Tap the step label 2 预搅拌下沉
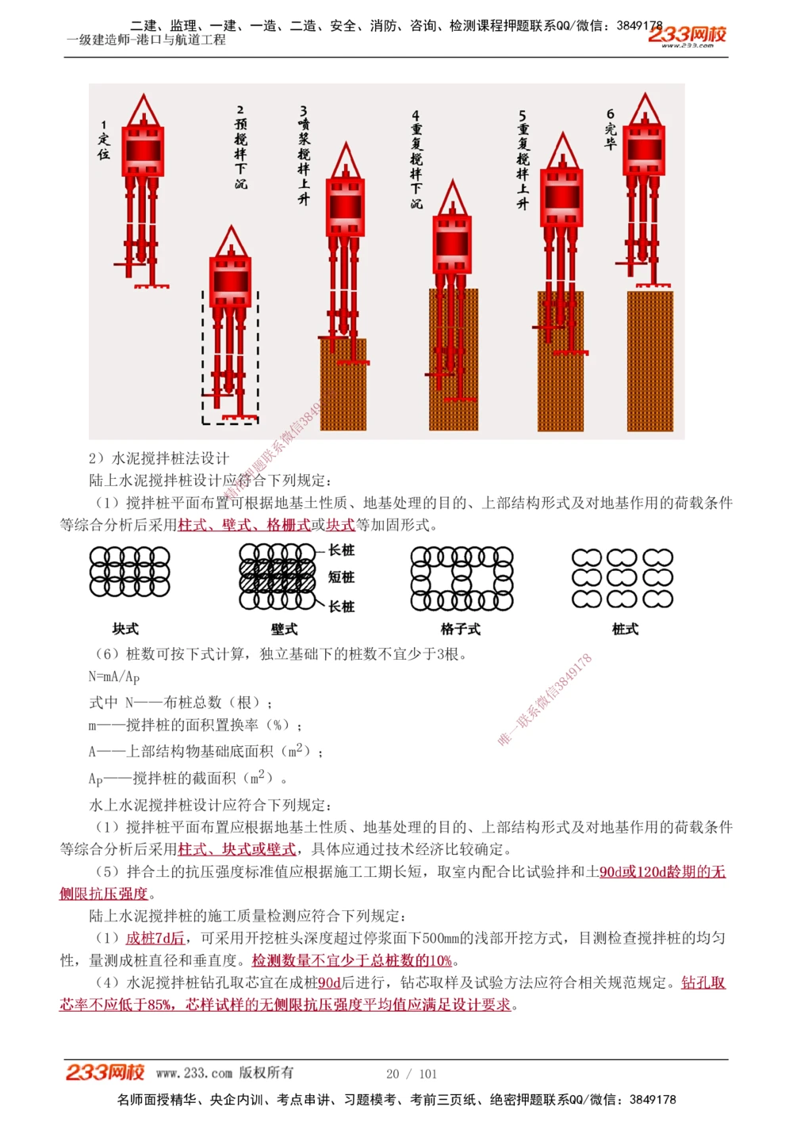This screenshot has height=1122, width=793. pos(240,147)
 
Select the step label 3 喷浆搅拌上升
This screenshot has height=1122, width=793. pos(304,155)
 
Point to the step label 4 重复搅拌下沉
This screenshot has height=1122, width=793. pos(416,159)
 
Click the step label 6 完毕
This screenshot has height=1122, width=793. pos(610,129)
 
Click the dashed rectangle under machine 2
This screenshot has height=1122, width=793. pos(230,357)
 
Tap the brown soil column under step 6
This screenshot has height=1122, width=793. pos(649,361)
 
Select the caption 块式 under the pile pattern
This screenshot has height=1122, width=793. pos(125,629)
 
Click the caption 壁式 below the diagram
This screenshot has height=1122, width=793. pos(284,629)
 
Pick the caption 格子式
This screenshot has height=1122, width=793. pos(461,629)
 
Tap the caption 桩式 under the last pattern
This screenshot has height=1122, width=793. pos(625,629)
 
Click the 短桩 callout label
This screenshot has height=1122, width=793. pos(342,577)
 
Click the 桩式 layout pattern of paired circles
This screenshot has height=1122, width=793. pos(623,578)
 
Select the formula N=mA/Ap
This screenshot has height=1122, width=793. pos(114,676)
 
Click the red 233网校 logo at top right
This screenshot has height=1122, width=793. pos(687,35)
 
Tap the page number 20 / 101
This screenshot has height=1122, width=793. pos(412,1074)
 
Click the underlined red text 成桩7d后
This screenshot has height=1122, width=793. pos(155,938)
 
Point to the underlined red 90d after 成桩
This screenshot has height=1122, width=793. pos(329,982)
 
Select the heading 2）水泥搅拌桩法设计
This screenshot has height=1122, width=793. pos(159,458)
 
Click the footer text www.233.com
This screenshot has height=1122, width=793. pos(194,1073)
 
